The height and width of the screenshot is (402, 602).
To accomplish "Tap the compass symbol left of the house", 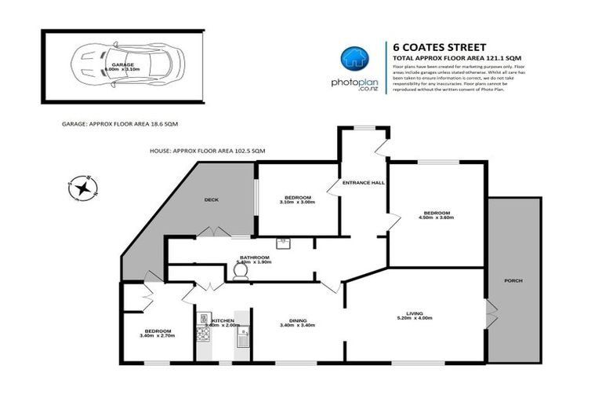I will click(x=80, y=188).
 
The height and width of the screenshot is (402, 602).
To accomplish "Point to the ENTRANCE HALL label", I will click(x=363, y=183).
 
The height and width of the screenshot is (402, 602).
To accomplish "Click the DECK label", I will click(x=211, y=199).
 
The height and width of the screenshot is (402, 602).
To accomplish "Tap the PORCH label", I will click(x=513, y=280).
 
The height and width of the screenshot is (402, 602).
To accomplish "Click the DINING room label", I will click(x=297, y=320).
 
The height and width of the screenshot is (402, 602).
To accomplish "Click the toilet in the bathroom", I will click(x=242, y=271).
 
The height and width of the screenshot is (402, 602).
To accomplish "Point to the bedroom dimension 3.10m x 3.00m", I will click(x=298, y=202).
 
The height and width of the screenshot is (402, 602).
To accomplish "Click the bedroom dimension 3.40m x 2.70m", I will click(x=157, y=336).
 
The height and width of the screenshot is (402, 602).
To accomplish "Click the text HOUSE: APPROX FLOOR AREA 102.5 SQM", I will click(x=208, y=150).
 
